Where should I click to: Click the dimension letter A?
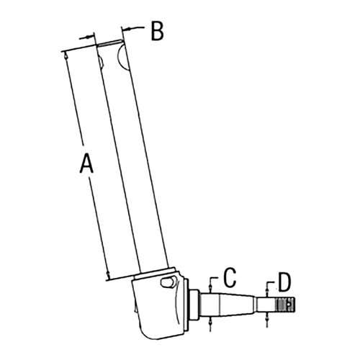[x=86, y=164]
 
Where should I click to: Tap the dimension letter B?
[x=158, y=31]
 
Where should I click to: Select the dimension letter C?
[x=230, y=278]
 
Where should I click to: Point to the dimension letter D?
[x=284, y=282]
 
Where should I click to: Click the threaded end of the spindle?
[x=285, y=305]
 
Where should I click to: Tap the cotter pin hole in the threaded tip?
[x=289, y=305]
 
